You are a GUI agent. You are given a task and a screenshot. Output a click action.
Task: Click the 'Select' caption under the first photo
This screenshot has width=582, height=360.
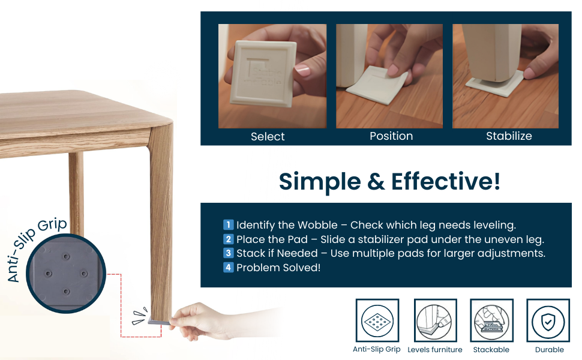pos(268,137)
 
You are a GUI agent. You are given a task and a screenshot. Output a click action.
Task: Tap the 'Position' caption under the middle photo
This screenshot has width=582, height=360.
pos(391,136)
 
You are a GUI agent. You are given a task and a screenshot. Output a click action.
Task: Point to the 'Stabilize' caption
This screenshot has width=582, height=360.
pos(509,136)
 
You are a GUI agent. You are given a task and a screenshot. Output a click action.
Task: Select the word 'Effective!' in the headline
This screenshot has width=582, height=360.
pos(446,181)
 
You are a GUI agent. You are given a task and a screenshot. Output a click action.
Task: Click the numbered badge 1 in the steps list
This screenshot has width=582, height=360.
pos(228,224)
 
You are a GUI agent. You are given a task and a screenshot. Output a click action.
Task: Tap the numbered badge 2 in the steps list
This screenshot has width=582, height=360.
pos(228,239)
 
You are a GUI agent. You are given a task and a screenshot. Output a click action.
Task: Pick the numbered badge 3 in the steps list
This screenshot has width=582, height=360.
pos(228,253)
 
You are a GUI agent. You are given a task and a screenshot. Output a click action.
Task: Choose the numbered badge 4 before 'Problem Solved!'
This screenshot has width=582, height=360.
pos(228,267)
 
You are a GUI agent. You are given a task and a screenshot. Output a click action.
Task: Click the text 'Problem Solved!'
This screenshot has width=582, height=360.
pos(278,268)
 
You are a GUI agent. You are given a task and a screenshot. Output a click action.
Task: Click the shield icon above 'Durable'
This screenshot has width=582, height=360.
pos(548,320)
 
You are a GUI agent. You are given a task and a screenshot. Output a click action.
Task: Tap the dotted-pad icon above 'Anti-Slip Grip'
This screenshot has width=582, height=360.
pos(377,320)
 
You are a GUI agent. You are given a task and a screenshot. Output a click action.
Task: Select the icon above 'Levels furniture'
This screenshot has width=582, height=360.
pos(435,320)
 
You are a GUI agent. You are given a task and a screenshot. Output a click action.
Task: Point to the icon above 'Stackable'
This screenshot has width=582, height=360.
pos(491,320)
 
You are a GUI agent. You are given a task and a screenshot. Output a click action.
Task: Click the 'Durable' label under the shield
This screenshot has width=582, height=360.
pos(550,350)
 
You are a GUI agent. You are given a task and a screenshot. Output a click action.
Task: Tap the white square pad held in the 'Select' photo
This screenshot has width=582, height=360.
pos(263,73)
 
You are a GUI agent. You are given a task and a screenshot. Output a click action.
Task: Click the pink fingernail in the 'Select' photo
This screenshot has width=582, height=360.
pos(302,70)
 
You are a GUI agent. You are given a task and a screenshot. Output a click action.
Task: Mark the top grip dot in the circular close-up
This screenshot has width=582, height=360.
pos(66,257)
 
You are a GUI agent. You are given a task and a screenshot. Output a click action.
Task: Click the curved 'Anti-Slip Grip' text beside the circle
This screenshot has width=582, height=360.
pos(34,247)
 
